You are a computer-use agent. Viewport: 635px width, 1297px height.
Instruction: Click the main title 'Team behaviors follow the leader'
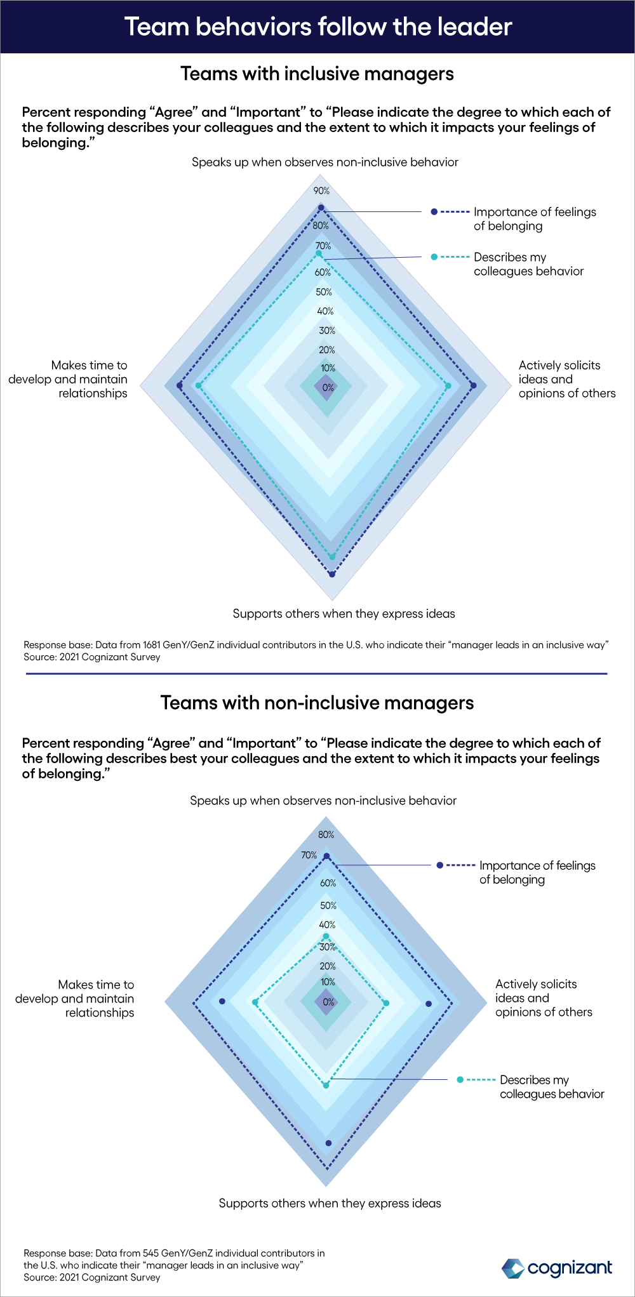318,27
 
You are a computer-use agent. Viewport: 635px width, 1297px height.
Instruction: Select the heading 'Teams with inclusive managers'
317,74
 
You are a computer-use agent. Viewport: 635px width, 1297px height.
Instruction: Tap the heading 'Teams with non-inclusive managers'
317,703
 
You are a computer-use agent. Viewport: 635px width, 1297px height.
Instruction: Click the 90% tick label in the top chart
321,191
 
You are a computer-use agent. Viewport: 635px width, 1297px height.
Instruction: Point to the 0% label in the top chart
328,387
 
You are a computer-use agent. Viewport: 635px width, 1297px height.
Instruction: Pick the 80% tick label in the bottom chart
326,835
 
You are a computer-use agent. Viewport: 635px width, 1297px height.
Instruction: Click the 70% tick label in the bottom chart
309,855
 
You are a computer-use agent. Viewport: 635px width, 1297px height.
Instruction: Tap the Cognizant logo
558,1268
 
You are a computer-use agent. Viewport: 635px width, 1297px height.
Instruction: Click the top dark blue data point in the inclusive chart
321,208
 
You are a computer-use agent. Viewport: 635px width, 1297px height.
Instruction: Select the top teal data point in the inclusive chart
319,254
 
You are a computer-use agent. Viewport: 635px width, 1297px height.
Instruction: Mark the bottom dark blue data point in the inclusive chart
331,575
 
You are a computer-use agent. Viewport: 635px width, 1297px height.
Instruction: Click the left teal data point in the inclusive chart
198,385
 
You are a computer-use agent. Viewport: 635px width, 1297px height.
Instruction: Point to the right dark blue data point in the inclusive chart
473,385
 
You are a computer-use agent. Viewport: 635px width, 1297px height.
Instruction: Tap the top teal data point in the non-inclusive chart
326,936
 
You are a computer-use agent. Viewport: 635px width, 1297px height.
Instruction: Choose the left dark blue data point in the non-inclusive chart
222,1001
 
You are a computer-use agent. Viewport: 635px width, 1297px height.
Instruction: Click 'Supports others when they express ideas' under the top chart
344,614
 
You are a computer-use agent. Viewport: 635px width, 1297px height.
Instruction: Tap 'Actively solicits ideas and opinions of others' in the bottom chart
544,998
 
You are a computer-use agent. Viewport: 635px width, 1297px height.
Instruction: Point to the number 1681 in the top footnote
152,645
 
